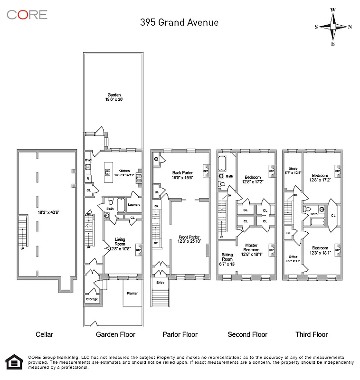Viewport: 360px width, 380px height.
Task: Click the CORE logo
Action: point(27,15)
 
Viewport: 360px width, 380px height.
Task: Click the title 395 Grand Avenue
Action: point(179,22)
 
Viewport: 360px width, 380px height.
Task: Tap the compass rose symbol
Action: point(333,27)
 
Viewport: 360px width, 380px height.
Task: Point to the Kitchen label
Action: point(124,171)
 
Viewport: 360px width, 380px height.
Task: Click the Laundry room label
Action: point(133,205)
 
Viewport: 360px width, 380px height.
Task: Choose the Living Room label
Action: point(120,242)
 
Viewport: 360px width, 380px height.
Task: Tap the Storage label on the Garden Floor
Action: point(92,299)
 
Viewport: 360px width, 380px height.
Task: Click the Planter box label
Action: point(132,294)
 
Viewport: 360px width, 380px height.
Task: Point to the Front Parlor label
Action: point(189,237)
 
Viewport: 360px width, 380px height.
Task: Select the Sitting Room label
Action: point(227,257)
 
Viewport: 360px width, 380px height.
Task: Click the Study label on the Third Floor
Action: point(293,168)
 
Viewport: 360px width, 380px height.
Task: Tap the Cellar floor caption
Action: point(44,334)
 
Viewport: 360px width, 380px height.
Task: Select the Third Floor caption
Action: point(312,334)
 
